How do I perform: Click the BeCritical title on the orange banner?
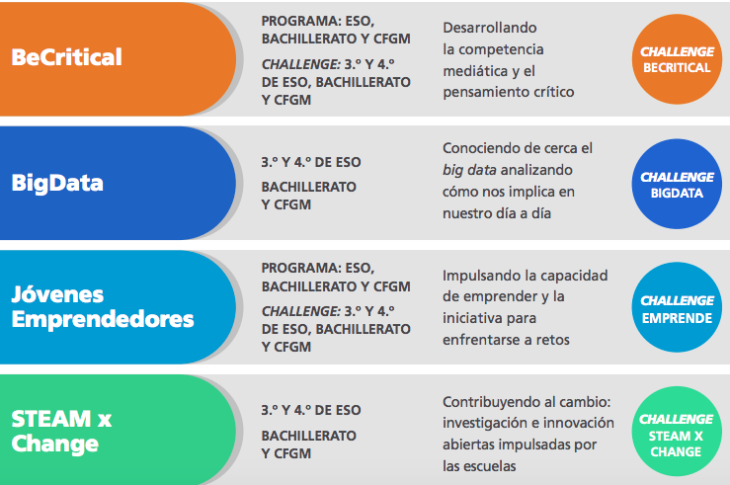coord(66,57)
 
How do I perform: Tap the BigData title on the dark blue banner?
coord(57,183)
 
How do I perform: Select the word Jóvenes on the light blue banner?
coord(57,294)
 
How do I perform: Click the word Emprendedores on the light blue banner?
coord(103,320)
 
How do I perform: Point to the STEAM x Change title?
coord(61,431)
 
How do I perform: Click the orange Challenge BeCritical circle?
coord(677,59)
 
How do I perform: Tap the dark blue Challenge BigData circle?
coord(677,184)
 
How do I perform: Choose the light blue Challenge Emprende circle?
coord(677,307)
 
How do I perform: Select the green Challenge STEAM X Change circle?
coord(677,431)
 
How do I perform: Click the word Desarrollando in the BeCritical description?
coord(490,28)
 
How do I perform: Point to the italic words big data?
coord(469,170)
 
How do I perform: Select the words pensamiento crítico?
coord(509,92)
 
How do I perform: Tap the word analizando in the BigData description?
coord(536,170)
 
